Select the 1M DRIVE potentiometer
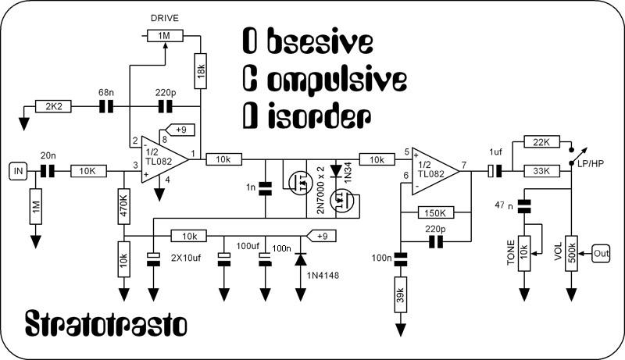point(166,36)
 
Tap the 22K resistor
point(541,143)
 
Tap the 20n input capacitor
point(46,169)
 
